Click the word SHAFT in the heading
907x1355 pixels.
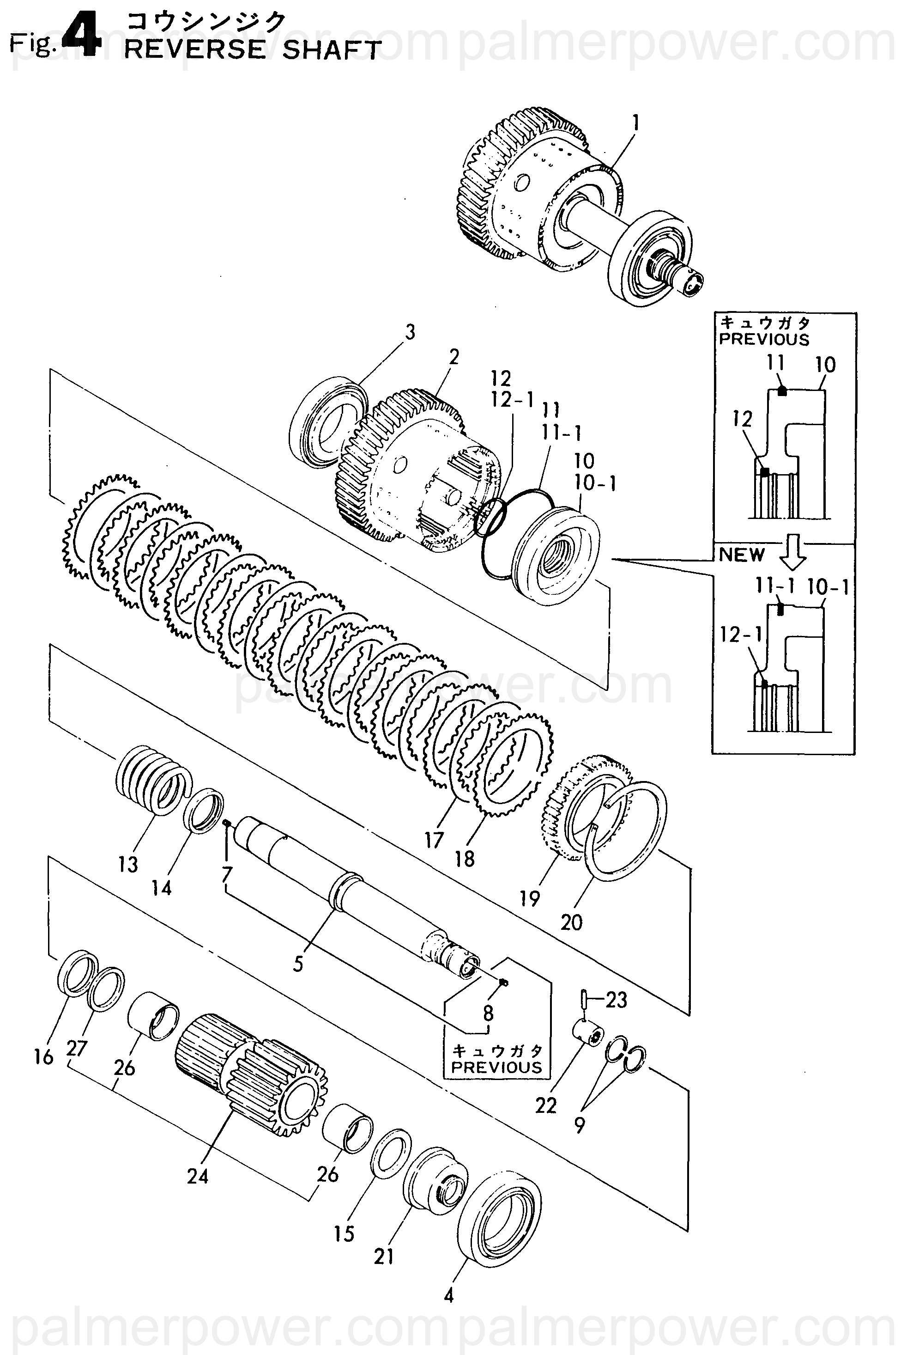point(332,50)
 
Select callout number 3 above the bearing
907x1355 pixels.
point(410,332)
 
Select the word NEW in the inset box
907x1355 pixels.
point(742,555)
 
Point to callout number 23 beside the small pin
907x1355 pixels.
point(616,1000)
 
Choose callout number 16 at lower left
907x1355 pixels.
point(44,1057)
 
